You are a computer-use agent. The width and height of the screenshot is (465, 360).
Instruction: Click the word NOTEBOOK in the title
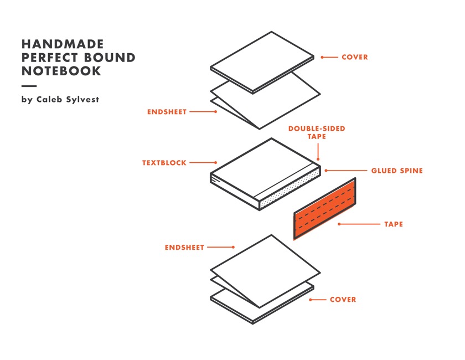pyautogui.click(x=61, y=71)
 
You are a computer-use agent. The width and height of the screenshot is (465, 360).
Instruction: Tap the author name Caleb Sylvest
pyautogui.click(x=67, y=100)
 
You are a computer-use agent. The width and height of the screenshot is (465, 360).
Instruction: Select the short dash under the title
pyautogui.click(x=29, y=86)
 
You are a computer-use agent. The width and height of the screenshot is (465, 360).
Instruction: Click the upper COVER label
pyautogui.click(x=354, y=57)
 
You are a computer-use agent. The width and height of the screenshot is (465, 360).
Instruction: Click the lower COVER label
pyautogui.click(x=343, y=300)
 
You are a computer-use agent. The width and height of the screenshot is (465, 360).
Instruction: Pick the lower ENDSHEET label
pyautogui.click(x=184, y=248)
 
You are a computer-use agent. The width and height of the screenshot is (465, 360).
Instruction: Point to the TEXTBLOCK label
pyautogui.click(x=164, y=163)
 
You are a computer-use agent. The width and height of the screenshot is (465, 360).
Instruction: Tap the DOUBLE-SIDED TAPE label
pyautogui.click(x=316, y=132)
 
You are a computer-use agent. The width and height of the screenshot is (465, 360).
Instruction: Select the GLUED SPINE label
pyautogui.click(x=396, y=171)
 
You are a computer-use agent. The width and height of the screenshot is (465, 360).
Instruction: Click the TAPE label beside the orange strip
pyautogui.click(x=393, y=224)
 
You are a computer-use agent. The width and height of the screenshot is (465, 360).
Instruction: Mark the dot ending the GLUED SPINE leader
pyautogui.click(x=326, y=171)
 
